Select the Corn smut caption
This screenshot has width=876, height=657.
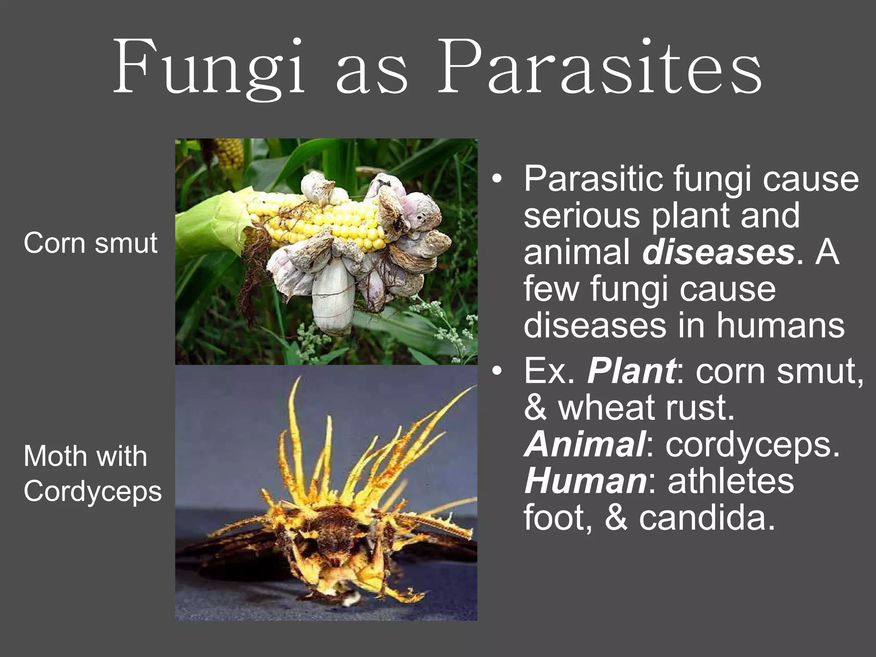[91, 243]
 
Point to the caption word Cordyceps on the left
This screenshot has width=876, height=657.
[93, 491]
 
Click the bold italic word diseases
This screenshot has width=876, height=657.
[719, 252]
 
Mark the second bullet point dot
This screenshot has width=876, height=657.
[496, 371]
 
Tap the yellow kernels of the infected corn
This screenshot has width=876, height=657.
[325, 218]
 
